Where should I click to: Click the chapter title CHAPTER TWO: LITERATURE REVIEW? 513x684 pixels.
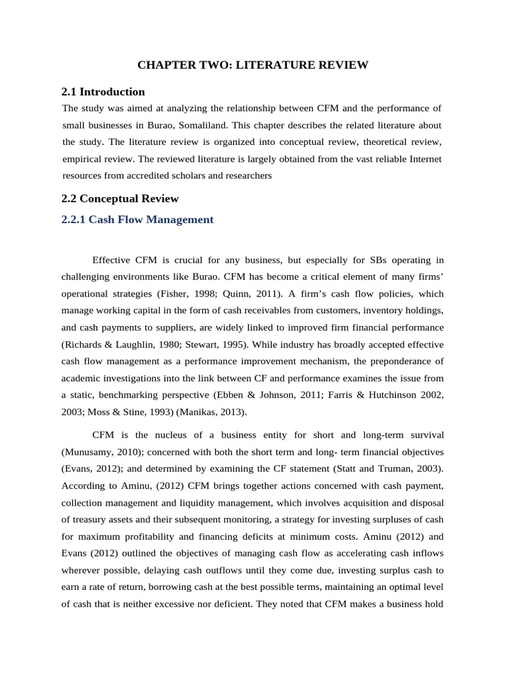coord(252,65)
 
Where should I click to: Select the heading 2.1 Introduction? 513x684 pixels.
coord(103,92)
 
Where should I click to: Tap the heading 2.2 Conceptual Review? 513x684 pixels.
coord(120,198)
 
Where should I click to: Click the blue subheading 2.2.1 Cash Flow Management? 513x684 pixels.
coord(138,219)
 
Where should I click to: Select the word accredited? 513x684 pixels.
coord(160,176)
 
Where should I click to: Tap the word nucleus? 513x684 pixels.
coord(168,435)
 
